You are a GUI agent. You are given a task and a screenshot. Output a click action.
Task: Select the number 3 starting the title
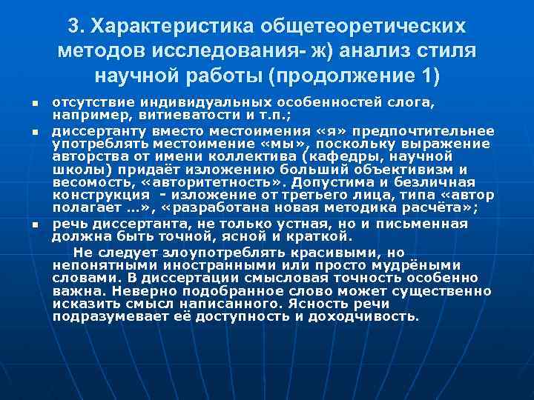pos(73,26)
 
